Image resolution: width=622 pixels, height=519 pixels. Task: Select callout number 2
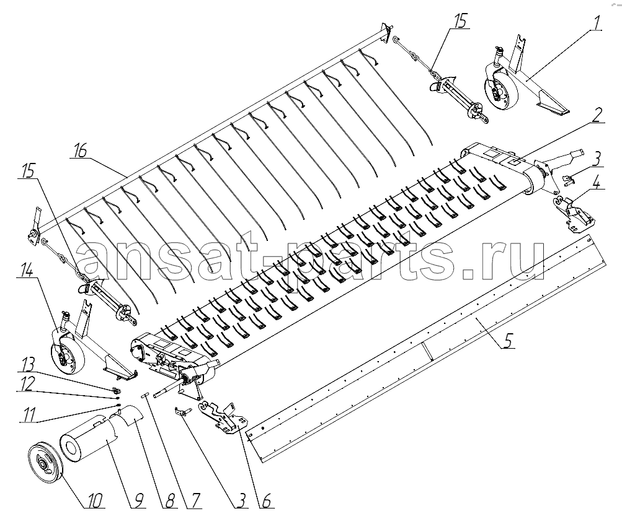click(x=597, y=115)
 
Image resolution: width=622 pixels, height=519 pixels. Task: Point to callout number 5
click(x=509, y=340)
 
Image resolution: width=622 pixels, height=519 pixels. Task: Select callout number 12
click(x=27, y=383)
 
